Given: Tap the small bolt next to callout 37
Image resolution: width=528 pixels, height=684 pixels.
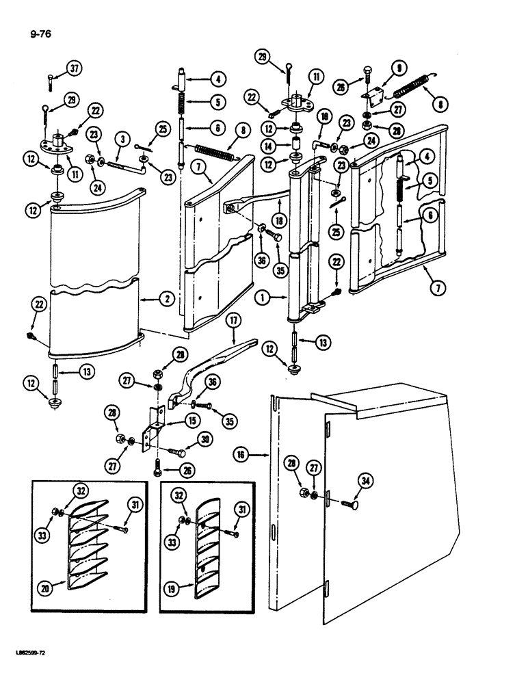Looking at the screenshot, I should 51,81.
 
